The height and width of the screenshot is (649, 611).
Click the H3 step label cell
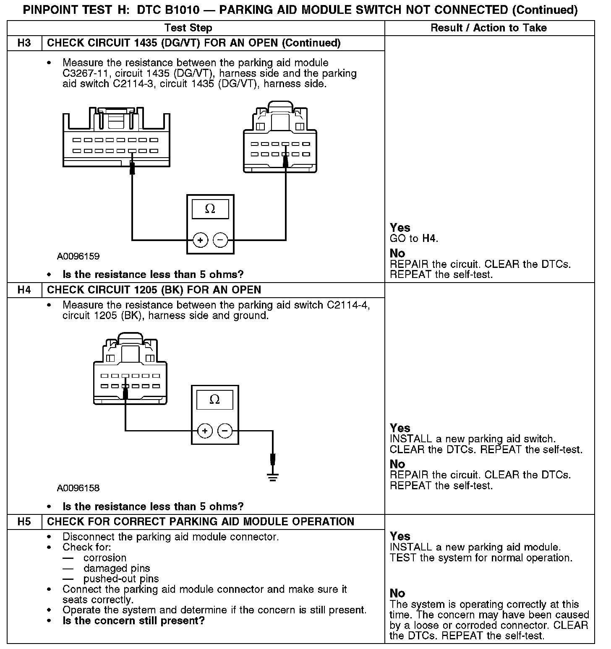tap(24, 43)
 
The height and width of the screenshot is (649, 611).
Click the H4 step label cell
tap(24, 290)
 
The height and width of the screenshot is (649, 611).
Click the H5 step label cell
tap(24, 522)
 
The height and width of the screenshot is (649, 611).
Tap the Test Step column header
tap(188, 28)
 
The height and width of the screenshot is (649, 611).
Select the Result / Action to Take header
tap(488, 28)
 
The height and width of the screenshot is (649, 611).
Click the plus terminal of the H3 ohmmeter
tap(200, 240)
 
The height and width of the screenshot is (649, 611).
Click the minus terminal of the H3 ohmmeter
tap(221, 240)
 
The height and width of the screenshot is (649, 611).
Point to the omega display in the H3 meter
tap(210, 209)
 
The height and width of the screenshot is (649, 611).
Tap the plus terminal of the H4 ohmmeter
tap(205, 431)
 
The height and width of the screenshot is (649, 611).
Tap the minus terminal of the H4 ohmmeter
tap(225, 431)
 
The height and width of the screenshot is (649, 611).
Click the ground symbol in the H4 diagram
tap(273, 476)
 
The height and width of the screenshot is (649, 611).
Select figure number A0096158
tap(78, 488)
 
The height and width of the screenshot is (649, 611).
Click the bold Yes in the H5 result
tap(400, 536)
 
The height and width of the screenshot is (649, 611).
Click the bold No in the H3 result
tap(397, 253)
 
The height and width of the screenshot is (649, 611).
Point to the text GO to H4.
tap(414, 239)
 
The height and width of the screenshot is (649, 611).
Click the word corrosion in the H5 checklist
tap(105, 558)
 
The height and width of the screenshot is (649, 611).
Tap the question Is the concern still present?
tap(133, 620)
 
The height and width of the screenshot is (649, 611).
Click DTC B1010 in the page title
tap(165, 10)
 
